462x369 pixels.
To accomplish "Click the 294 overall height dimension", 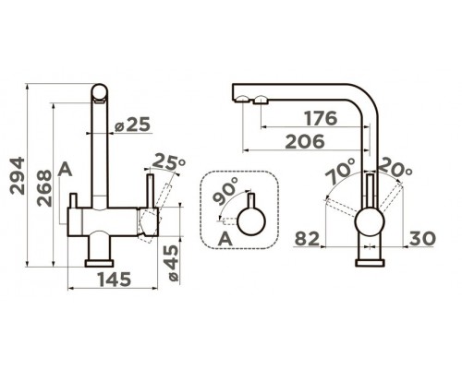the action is [x=18, y=175].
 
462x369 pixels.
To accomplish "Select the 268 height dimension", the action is [x=44, y=188].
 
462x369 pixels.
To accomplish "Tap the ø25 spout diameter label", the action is [x=132, y=125].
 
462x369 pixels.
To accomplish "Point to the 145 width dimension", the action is [x=115, y=280].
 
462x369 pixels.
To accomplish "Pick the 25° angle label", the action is [x=169, y=161].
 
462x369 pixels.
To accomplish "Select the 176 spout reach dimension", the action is [x=321, y=118].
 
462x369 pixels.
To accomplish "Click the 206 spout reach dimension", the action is [x=305, y=141].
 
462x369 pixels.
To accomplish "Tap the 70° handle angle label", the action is [x=340, y=171].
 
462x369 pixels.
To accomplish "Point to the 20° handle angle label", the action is [x=395, y=168].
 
